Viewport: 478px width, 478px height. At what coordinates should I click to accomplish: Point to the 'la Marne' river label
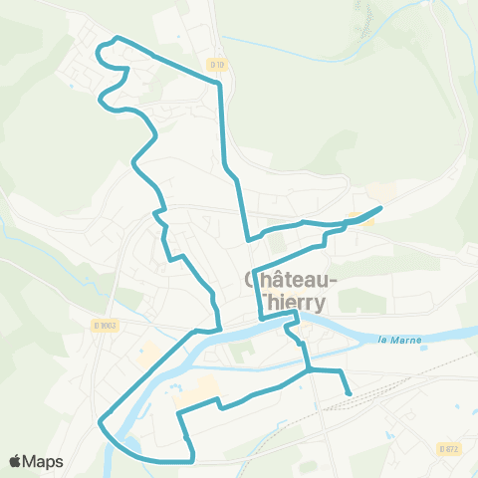coord(401,341)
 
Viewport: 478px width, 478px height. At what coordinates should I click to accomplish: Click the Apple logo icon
coord(17,461)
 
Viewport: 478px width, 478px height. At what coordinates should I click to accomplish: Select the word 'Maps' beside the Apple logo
coord(45,461)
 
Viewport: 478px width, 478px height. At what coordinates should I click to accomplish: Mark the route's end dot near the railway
coord(349,393)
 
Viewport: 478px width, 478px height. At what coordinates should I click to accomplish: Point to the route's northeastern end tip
coord(381,207)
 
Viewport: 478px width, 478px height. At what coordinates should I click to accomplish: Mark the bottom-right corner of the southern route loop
coord(192,459)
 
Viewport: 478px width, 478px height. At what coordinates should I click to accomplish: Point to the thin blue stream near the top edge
coord(299,45)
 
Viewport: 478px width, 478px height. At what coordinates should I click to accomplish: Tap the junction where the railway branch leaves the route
coord(310,370)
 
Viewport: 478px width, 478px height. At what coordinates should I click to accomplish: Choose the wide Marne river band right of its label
coord(448,332)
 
